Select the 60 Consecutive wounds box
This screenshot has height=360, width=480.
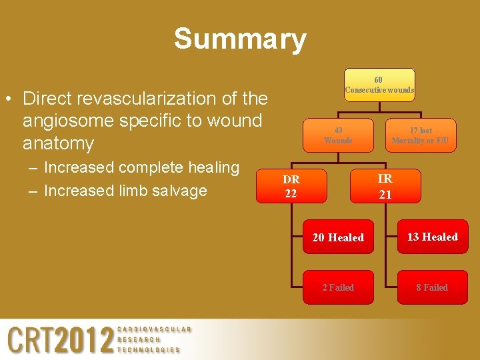coord(379,85)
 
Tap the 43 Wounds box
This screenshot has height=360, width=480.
coord(338,135)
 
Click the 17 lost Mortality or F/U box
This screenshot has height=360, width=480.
coord(421,135)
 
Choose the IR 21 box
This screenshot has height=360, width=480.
coord(385,186)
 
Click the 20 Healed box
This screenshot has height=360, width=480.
coord(338,237)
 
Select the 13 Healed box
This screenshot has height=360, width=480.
coord(433,237)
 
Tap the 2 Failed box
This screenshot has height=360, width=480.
coord(338,287)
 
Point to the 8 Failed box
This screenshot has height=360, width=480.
coord(433,287)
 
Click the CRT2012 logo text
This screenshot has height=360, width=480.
coord(61,340)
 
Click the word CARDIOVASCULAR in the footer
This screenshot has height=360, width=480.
coord(154,329)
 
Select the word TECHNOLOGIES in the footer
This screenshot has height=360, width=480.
coord(149,349)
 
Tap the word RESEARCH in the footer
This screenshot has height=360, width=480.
coord(139,339)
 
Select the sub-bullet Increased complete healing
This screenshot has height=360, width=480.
coord(141,167)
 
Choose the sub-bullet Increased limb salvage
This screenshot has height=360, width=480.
coord(125,190)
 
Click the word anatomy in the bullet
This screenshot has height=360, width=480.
coord(58,143)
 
